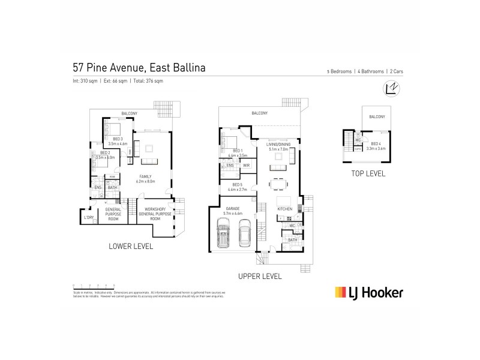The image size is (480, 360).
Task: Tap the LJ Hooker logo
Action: point(369,292)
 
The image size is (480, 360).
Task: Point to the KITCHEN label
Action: point(284,209)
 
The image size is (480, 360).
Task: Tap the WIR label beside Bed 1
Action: point(246,165)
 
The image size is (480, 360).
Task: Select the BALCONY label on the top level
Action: point(377,116)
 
